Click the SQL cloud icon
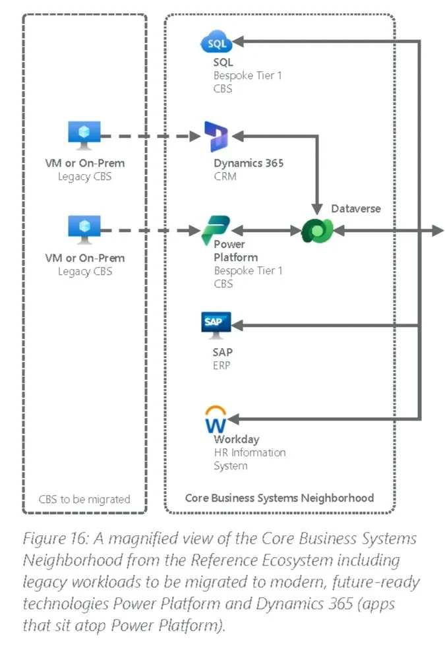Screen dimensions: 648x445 pos(216,44)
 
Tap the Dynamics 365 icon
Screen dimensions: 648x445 pos(216,136)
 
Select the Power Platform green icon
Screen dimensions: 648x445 pos(216,230)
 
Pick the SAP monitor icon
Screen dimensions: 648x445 pos(216,324)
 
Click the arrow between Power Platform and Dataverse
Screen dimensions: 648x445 pos(268,231)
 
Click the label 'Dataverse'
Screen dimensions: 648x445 pos(356,208)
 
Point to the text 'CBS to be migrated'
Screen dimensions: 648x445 pos(84,498)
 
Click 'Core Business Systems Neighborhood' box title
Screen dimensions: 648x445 pos(280,498)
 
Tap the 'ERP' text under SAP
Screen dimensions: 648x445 pos(222,365)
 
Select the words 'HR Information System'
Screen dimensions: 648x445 pos(249,459)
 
